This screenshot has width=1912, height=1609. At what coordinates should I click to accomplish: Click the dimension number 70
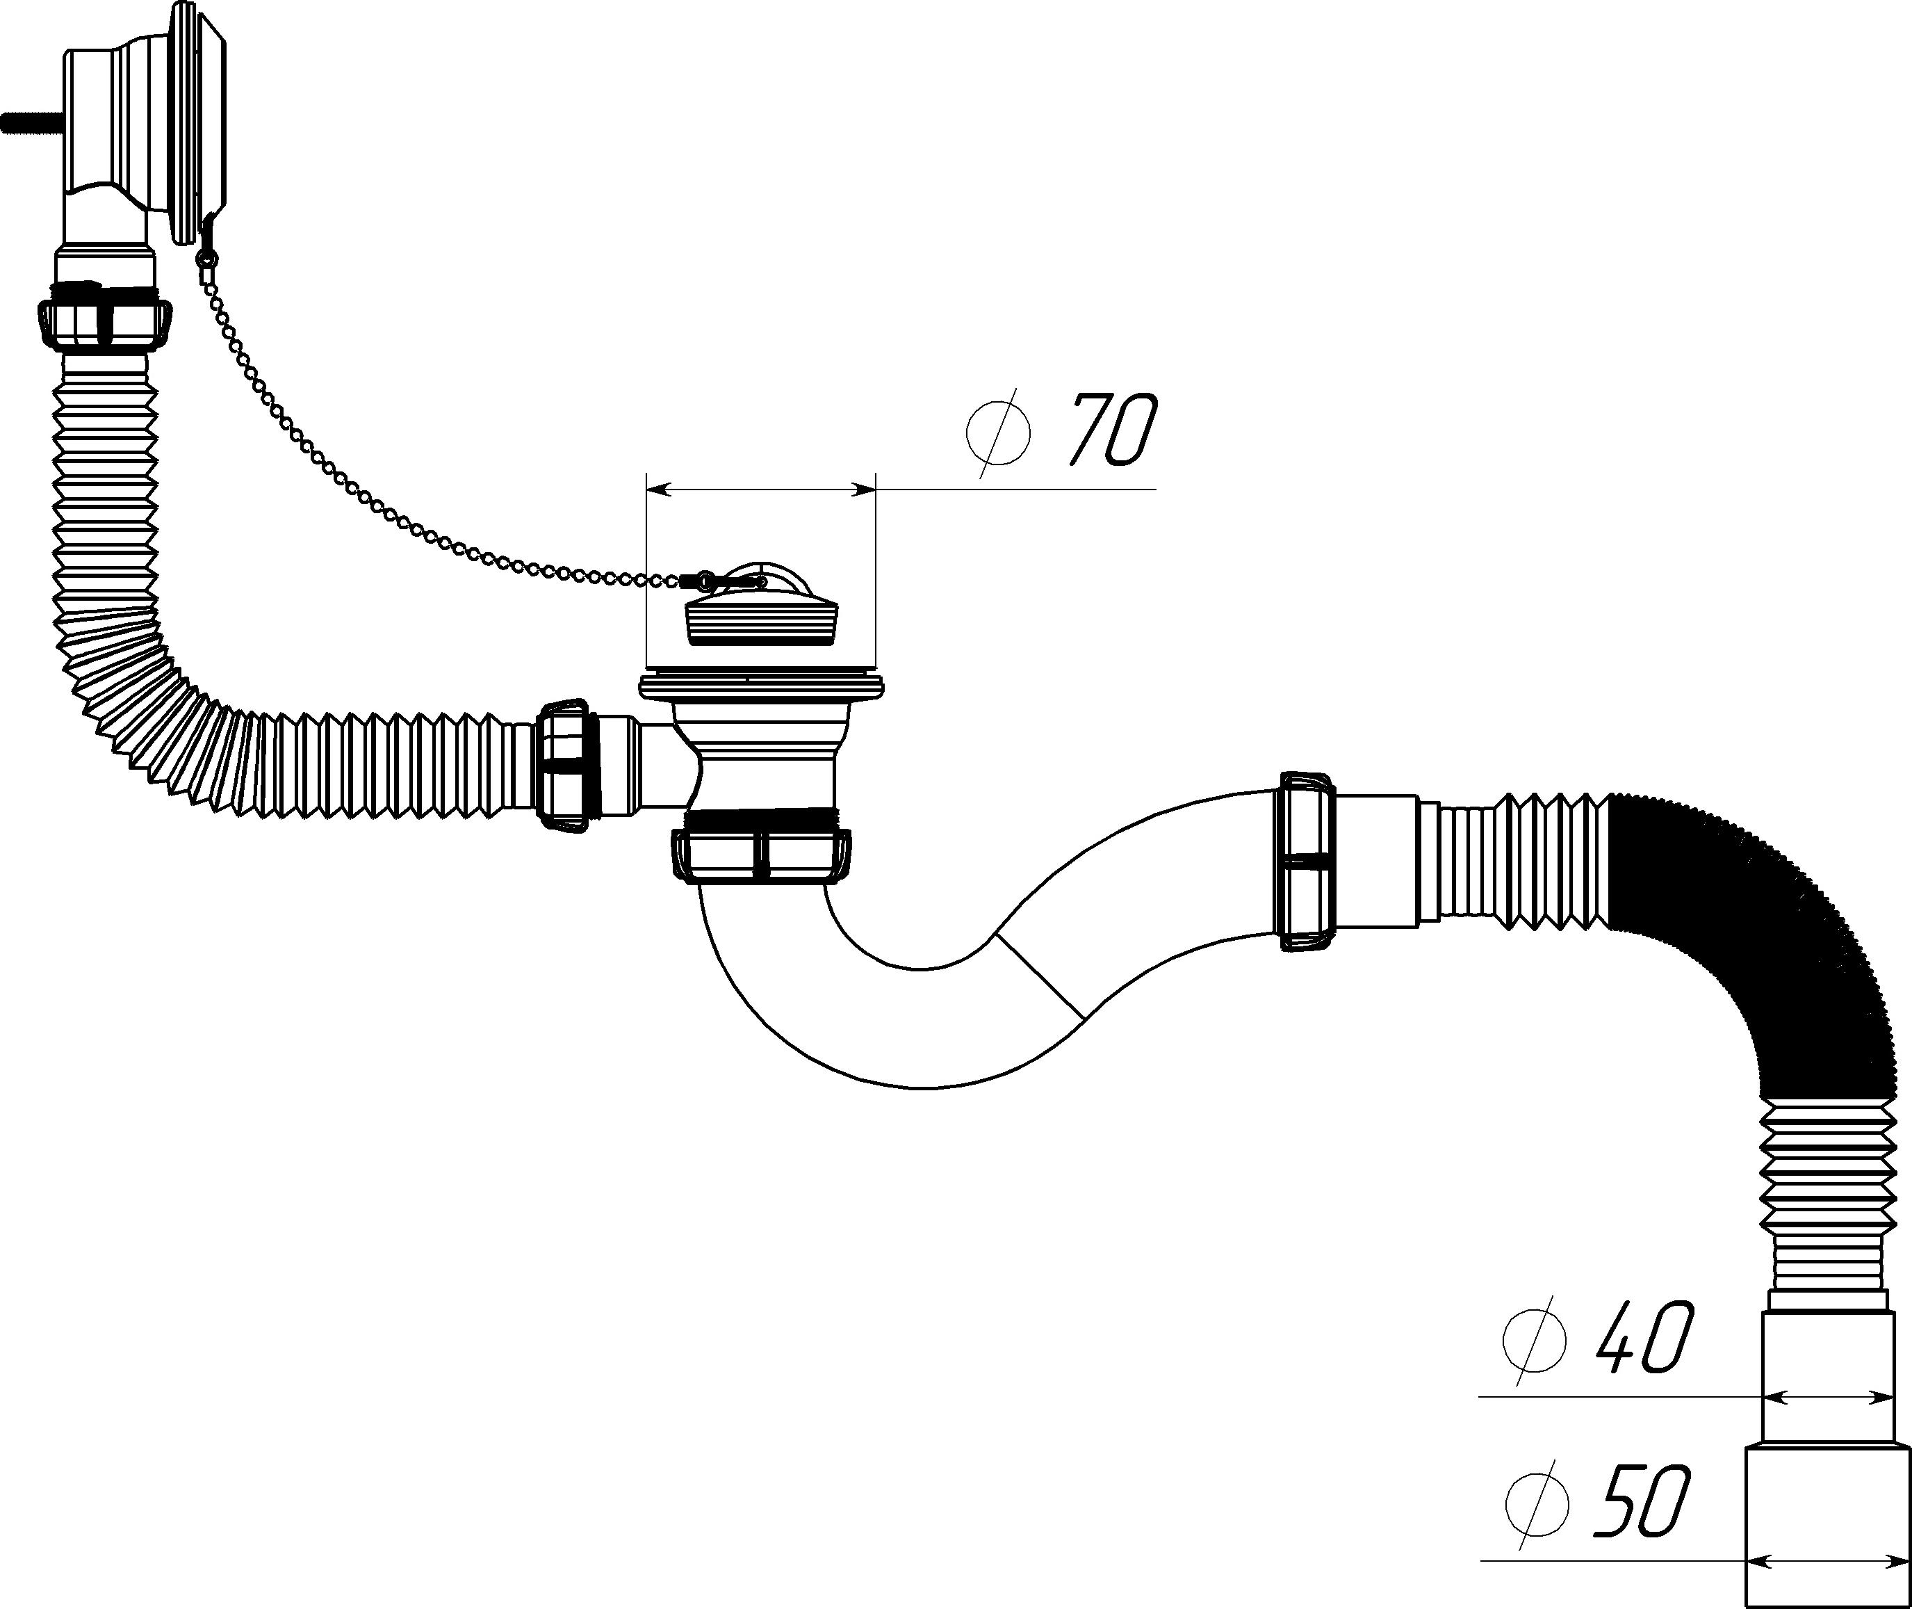1111,430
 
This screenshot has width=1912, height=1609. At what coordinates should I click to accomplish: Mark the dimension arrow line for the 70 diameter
760,490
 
